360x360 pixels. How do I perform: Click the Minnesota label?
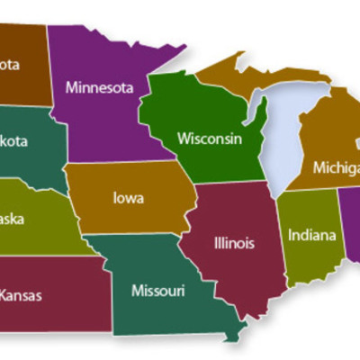click(x=99, y=87)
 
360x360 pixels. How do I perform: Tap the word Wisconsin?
click(x=209, y=139)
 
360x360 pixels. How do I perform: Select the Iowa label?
click(x=129, y=197)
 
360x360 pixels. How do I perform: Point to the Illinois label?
click(x=234, y=243)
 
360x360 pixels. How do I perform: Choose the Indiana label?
click(x=312, y=235)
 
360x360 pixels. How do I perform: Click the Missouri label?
click(x=157, y=290)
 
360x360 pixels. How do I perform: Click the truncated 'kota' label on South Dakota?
click(x=13, y=141)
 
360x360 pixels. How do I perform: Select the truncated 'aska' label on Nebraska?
click(x=13, y=219)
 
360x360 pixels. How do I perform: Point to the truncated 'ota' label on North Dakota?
click(x=10, y=65)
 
